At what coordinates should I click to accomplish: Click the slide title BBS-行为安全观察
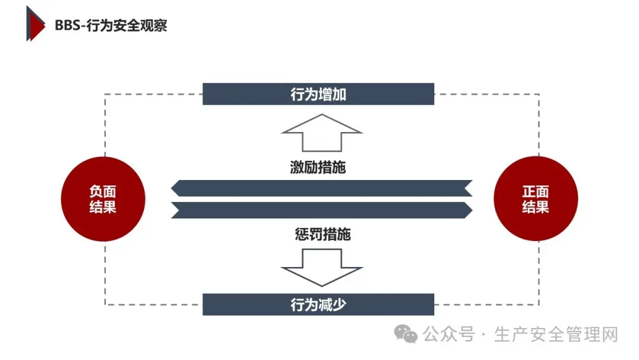tap(111, 25)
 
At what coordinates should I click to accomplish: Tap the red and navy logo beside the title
tap(35, 23)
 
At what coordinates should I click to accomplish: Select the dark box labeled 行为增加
tap(318, 94)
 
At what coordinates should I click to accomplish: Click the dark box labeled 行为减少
tap(318, 304)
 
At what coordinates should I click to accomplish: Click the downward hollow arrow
tap(321, 267)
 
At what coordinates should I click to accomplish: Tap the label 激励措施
tap(318, 168)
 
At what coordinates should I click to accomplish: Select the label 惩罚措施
tap(322, 234)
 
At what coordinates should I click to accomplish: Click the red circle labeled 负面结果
tap(103, 199)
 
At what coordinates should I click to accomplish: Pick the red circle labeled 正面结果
tap(535, 199)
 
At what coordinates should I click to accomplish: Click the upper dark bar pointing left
tap(321, 188)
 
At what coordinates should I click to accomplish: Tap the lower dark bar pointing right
tap(321, 210)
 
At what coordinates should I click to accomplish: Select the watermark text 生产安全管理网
tap(556, 335)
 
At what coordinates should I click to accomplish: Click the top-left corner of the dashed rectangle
tap(105, 94)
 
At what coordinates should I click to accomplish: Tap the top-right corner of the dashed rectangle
tap(539, 94)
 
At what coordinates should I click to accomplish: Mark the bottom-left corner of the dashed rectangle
tap(105, 304)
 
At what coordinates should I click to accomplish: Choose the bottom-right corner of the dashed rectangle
tap(539, 304)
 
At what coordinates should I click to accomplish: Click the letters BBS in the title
tap(68, 25)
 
